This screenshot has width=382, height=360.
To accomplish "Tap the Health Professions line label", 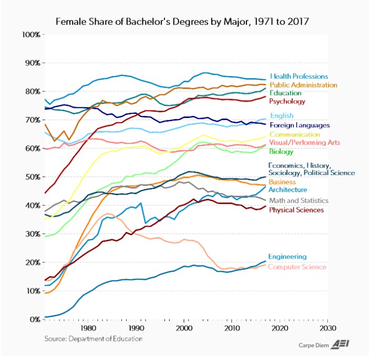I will coord(298,77).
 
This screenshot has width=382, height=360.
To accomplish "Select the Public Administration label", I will coord(303,84).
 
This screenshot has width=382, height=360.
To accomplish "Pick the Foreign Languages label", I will coord(300,125).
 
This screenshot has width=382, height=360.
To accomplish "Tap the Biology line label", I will coord(281,152).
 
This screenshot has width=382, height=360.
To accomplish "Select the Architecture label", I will coord(288,189).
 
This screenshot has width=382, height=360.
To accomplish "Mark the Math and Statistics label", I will coord(299,200).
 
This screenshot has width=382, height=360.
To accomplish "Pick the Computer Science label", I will coord(297,267).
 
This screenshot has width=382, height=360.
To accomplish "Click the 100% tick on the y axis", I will coord(31,35).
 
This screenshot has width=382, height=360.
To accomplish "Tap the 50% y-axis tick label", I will coord(33,177).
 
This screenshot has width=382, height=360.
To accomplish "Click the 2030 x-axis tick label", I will coord(327,329).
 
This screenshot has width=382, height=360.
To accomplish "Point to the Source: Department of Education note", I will coord(93,339).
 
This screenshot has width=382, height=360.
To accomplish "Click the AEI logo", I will coord(345,344).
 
